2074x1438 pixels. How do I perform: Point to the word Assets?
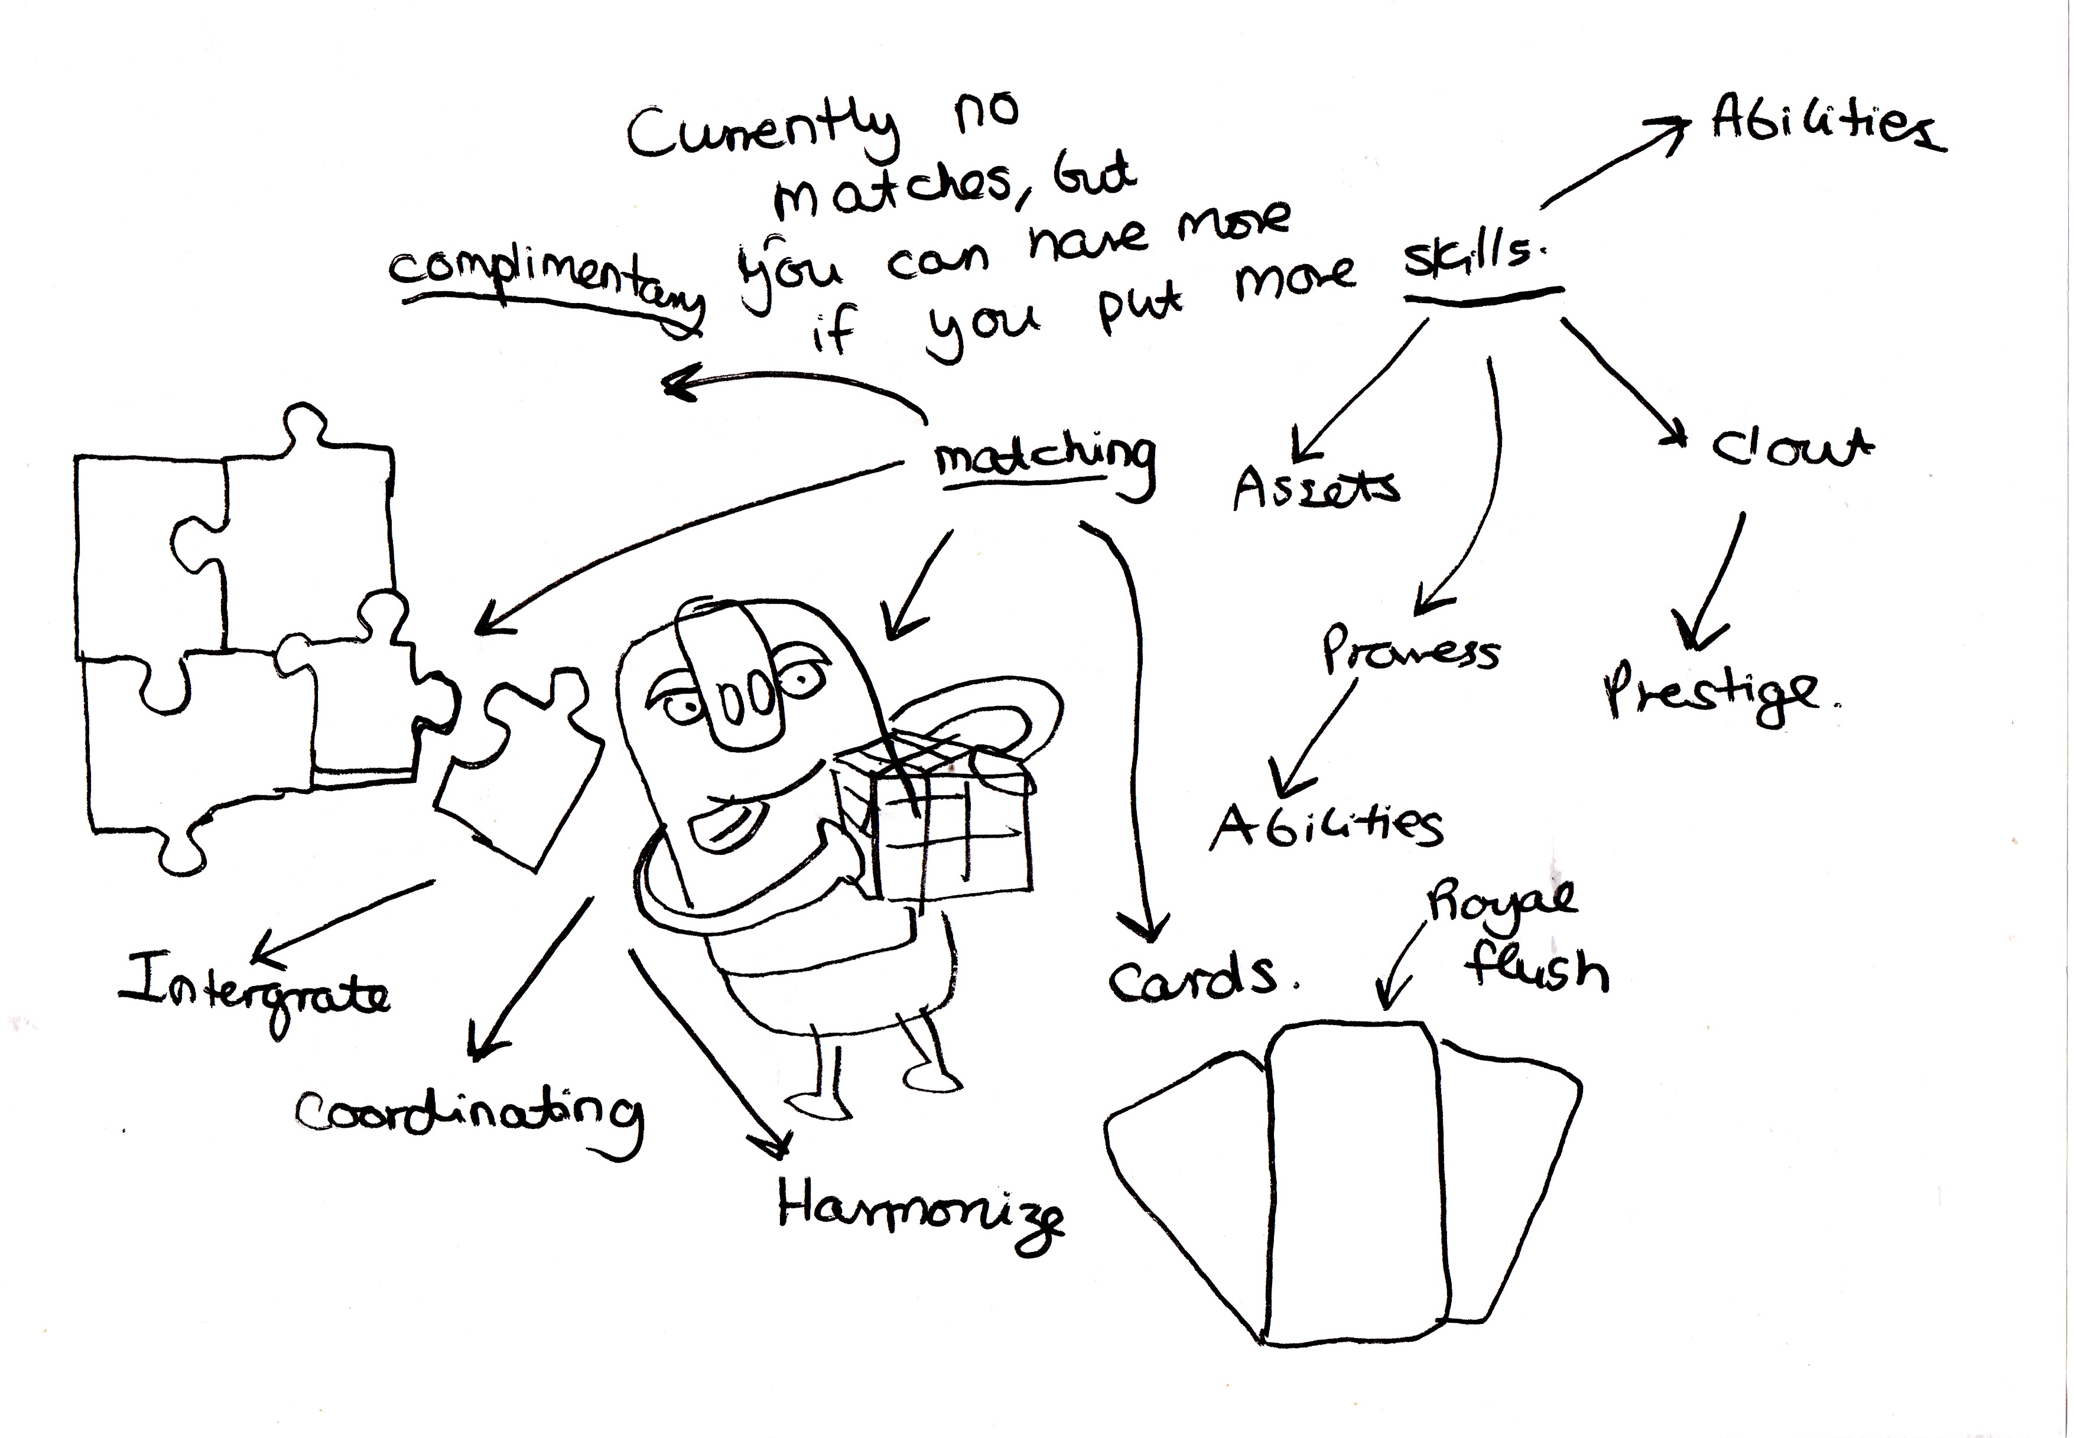pyautogui.click(x=1315, y=487)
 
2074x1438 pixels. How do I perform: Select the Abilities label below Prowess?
pyautogui.click(x=1324, y=824)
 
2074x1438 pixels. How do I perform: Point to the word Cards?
pyautogui.click(x=1194, y=978)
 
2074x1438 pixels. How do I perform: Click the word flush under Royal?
pyautogui.click(x=1536, y=968)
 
